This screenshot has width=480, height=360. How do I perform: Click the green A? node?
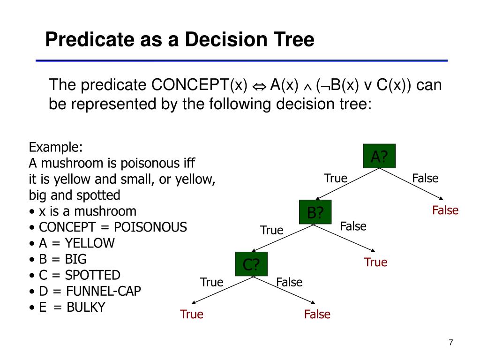pyautogui.click(x=380, y=157)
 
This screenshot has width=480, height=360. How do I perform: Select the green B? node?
pyautogui.click(x=315, y=212)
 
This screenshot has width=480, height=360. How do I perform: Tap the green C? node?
pyautogui.click(x=251, y=264)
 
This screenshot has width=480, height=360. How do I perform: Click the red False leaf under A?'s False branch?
pyautogui.click(x=445, y=210)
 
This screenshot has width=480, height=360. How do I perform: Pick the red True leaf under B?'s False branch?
pyautogui.click(x=376, y=262)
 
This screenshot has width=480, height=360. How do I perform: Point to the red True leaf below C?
pyautogui.click(x=192, y=314)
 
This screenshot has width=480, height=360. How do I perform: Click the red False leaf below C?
pyautogui.click(x=317, y=314)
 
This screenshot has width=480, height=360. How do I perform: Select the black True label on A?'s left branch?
pyautogui.click(x=336, y=179)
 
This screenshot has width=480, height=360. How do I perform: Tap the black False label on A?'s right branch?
pyautogui.click(x=425, y=179)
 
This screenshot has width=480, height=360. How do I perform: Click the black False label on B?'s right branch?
pyautogui.click(x=353, y=226)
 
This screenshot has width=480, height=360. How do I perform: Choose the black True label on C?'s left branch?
pyautogui.click(x=212, y=282)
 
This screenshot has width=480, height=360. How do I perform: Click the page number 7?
pyautogui.click(x=450, y=342)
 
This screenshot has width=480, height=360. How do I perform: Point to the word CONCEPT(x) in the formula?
pyautogui.click(x=199, y=86)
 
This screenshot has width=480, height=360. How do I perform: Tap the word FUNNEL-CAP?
pyautogui.click(x=103, y=291)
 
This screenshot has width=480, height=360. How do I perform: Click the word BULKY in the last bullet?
pyautogui.click(x=86, y=307)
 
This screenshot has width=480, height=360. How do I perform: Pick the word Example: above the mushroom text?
pyautogui.click(x=56, y=147)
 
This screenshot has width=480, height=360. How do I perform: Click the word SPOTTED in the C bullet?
pyautogui.click(x=93, y=275)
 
